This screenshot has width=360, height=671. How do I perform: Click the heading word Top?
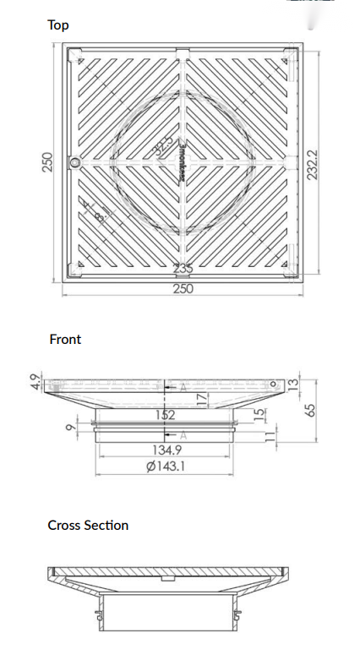[58, 25]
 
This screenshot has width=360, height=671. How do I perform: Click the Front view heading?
[65, 339]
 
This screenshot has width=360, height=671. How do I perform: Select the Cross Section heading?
[88, 525]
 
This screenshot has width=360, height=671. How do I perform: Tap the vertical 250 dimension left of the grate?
[48, 161]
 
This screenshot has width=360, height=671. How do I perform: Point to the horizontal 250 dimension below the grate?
[183, 288]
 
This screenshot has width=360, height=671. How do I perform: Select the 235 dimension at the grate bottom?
[183, 269]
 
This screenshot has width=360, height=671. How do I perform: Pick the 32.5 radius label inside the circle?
[163, 145]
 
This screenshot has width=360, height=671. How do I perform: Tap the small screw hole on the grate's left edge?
[75, 161]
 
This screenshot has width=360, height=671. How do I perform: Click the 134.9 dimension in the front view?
[165, 450]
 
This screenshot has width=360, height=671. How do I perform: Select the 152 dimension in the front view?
[165, 415]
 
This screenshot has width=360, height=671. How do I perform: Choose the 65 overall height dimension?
[309, 409]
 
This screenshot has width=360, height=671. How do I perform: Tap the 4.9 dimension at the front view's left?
[35, 382]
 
